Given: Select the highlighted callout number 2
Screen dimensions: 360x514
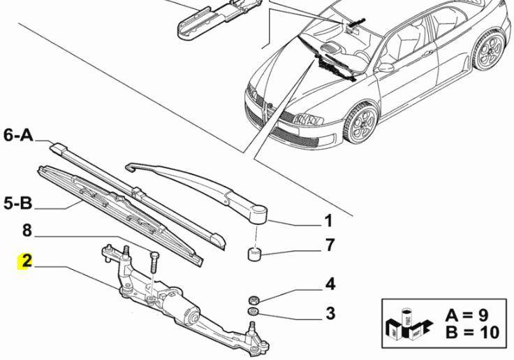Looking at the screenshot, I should point(27,263).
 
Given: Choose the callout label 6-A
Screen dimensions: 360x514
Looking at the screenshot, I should point(19,136).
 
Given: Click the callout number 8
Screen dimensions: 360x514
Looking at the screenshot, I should point(26,230).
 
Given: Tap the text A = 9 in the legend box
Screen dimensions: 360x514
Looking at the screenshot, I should point(471,315).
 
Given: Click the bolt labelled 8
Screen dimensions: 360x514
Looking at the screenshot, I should point(154,261).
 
